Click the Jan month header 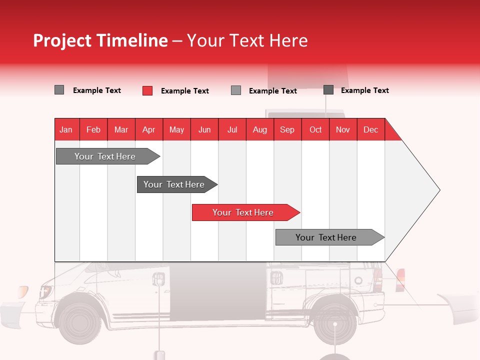[66, 129]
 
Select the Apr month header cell [148, 129]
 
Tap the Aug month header [259, 129]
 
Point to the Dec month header [370, 129]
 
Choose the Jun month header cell [204, 129]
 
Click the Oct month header [315, 129]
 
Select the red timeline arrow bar [245, 212]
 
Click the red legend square [147, 90]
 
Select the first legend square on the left [59, 90]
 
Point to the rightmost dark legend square [328, 89]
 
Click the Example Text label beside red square [184, 91]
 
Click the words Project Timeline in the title [100, 40]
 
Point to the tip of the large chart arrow [439, 189]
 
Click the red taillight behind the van [400, 280]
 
